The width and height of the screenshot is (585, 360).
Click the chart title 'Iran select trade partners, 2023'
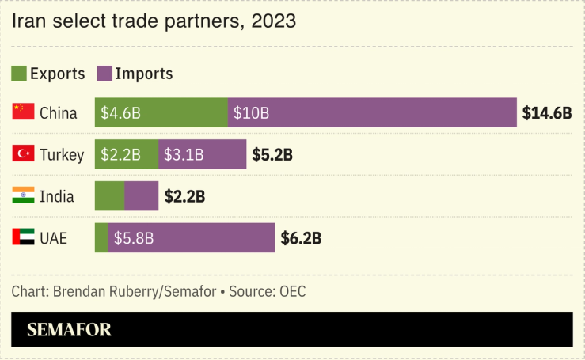coord(154,21)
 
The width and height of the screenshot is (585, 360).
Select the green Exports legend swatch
coord(20,74)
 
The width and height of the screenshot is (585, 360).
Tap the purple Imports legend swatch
coord(104,74)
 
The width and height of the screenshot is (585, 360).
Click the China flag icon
coord(23,112)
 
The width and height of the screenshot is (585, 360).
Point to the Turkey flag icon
coord(23,154)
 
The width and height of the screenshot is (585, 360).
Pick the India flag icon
coord(23,195)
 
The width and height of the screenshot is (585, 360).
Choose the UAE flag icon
coord(23,237)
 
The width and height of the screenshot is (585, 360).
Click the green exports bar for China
coord(161,112)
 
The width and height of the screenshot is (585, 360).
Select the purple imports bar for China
coord(372,112)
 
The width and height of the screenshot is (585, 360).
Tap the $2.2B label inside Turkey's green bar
coord(120,154)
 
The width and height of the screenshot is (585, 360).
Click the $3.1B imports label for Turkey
coord(184,154)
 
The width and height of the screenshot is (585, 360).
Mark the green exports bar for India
coord(109,195)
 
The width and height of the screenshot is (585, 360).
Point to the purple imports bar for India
coord(142,195)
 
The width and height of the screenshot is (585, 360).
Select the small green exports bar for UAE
coord(101,237)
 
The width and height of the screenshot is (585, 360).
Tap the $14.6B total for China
coord(546,113)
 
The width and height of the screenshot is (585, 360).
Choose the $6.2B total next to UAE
coord(302,237)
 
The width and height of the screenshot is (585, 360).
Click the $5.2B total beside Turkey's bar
coord(272,154)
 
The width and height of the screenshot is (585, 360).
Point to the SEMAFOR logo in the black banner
coord(69,330)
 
